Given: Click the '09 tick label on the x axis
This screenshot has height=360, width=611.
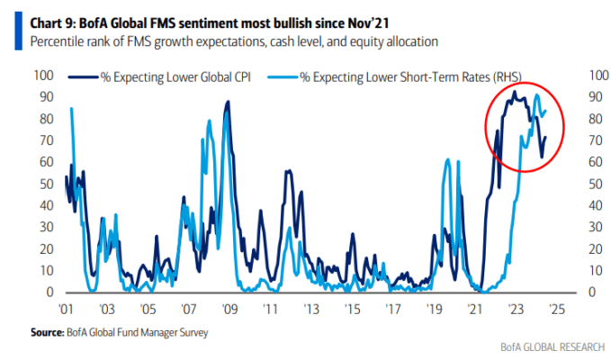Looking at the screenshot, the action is pyautogui.click(x=229, y=310).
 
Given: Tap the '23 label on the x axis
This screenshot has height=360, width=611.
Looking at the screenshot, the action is pyautogui.click(x=516, y=310).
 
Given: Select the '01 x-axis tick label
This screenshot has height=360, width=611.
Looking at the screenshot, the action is pyautogui.click(x=66, y=310).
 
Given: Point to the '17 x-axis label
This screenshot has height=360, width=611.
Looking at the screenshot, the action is pyautogui.click(x=392, y=310).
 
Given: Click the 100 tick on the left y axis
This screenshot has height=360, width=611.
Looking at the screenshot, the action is pyautogui.click(x=43, y=76).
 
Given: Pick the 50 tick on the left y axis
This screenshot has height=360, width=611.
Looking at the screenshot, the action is pyautogui.click(x=47, y=184).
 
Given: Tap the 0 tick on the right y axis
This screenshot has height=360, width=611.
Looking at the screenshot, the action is pyautogui.click(x=592, y=292).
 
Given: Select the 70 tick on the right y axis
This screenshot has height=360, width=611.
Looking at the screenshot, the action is pyautogui.click(x=596, y=140).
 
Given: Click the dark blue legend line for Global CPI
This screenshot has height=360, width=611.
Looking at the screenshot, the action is pyautogui.click(x=83, y=77).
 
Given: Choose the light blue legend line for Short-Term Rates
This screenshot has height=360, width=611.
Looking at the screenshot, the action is pyautogui.click(x=283, y=77).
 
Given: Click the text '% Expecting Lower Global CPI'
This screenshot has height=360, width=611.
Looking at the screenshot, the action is pyautogui.click(x=175, y=77).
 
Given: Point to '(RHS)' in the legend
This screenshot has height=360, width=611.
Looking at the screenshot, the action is pyautogui.click(x=507, y=77).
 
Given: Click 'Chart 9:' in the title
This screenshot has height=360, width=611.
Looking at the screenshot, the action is pyautogui.click(x=53, y=23).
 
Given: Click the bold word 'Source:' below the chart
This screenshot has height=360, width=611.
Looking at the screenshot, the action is pyautogui.click(x=48, y=332).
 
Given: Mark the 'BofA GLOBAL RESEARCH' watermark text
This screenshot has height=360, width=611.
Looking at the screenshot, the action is pyautogui.click(x=553, y=347).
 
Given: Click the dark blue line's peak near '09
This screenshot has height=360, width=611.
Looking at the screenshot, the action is pyautogui.click(x=229, y=102).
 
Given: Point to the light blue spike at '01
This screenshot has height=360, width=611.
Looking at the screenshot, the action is pyautogui.click(x=71, y=109).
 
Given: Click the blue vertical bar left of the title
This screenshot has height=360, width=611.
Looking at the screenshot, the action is pyautogui.click(x=18, y=31).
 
